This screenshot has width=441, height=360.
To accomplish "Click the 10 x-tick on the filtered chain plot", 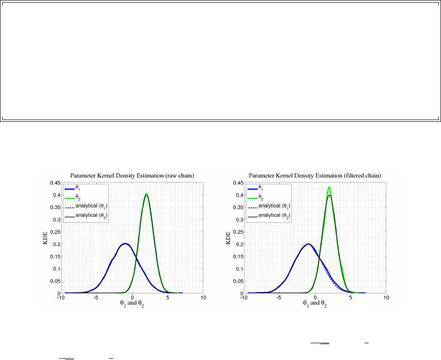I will tap(386, 298).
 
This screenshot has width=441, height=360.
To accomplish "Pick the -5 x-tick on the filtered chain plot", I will tap(279, 298).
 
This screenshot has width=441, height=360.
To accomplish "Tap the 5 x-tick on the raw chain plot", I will tap(168, 298).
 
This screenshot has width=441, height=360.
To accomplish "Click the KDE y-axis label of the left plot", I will tap(45, 238).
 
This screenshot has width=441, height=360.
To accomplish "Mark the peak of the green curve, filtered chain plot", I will tap(329, 187).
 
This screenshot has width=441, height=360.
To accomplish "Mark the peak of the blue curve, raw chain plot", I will tap(125, 243).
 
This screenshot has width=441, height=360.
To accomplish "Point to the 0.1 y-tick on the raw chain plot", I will tap(56, 269).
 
